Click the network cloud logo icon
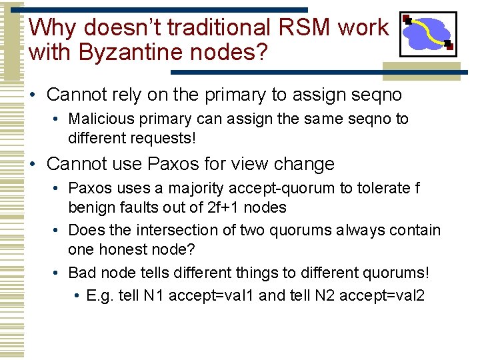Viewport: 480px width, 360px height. point(427,33)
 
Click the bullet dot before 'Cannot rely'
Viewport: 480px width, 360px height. point(33,95)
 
